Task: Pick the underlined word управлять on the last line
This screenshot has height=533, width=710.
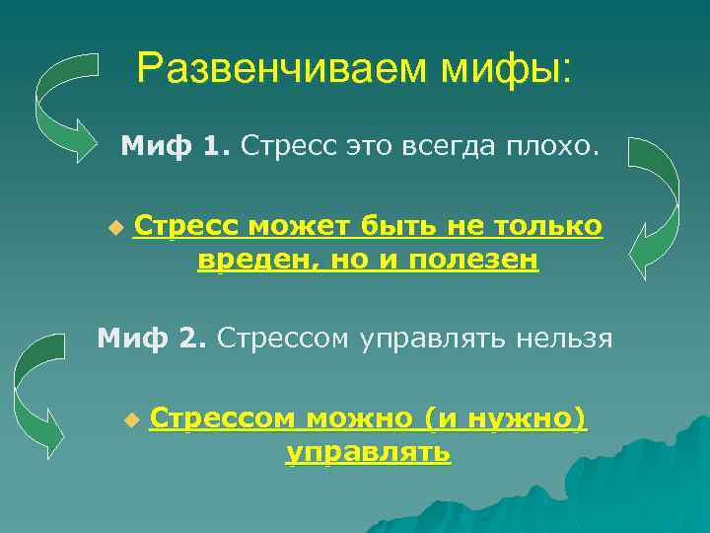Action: [x=368, y=452]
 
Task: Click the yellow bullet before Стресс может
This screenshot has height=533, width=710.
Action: [x=115, y=228]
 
